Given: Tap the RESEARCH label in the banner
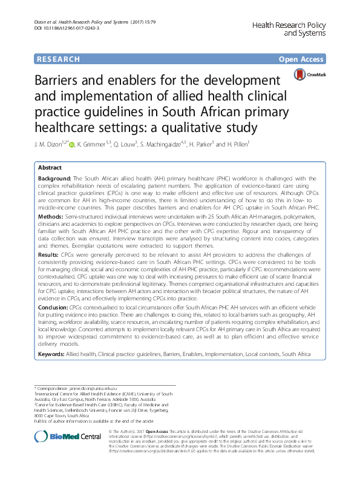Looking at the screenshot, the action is click(x=58, y=59).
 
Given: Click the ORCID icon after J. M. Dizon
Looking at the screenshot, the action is click(x=72, y=145).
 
